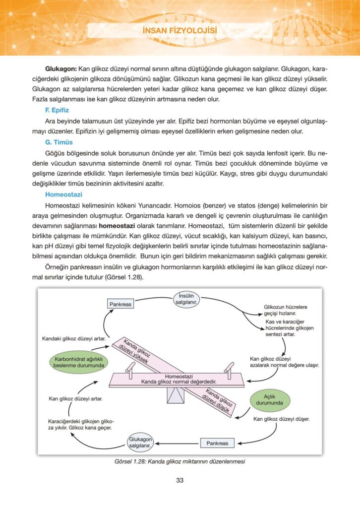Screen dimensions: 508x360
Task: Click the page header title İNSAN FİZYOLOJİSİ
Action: pos(180,32)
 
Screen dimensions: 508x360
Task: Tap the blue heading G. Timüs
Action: pos(59,141)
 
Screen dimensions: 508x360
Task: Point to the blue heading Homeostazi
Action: pos(63,194)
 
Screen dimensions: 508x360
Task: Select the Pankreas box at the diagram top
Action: pos(120,304)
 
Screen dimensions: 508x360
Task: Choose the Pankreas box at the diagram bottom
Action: pos(217,443)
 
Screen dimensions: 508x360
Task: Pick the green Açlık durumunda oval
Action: pos(269,399)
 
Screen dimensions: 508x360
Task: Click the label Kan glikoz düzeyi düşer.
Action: pos(281,419)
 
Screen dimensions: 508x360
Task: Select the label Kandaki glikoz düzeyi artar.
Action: pos(73,339)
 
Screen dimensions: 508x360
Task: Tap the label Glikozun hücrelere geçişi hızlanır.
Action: pos(286,311)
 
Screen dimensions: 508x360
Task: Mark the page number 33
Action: pos(180,480)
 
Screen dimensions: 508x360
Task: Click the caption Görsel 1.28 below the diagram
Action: pos(180,461)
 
